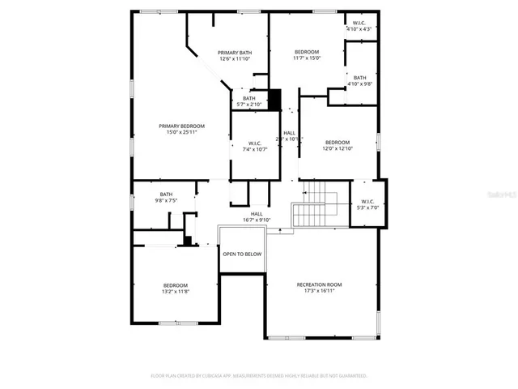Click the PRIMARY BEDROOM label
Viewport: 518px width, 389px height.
(181, 126)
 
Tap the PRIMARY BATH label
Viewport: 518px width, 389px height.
(234, 53)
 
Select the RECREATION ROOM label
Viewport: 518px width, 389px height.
(319, 284)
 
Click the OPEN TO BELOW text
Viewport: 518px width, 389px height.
(242, 254)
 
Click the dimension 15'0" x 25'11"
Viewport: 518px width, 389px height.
(181, 132)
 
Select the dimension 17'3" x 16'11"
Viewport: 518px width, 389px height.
(319, 291)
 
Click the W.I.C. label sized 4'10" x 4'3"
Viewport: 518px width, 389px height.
(359, 23)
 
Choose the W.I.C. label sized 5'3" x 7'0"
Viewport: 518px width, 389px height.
(367, 201)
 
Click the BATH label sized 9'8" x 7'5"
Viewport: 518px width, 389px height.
(166, 194)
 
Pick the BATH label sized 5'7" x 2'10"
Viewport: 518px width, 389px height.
(248, 98)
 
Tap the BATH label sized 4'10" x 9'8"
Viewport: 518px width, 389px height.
(359, 78)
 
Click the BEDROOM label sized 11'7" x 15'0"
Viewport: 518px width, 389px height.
(307, 51)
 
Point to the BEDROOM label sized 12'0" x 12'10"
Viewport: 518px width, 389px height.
(338, 142)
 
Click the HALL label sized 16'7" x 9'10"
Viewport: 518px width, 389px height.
(257, 214)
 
